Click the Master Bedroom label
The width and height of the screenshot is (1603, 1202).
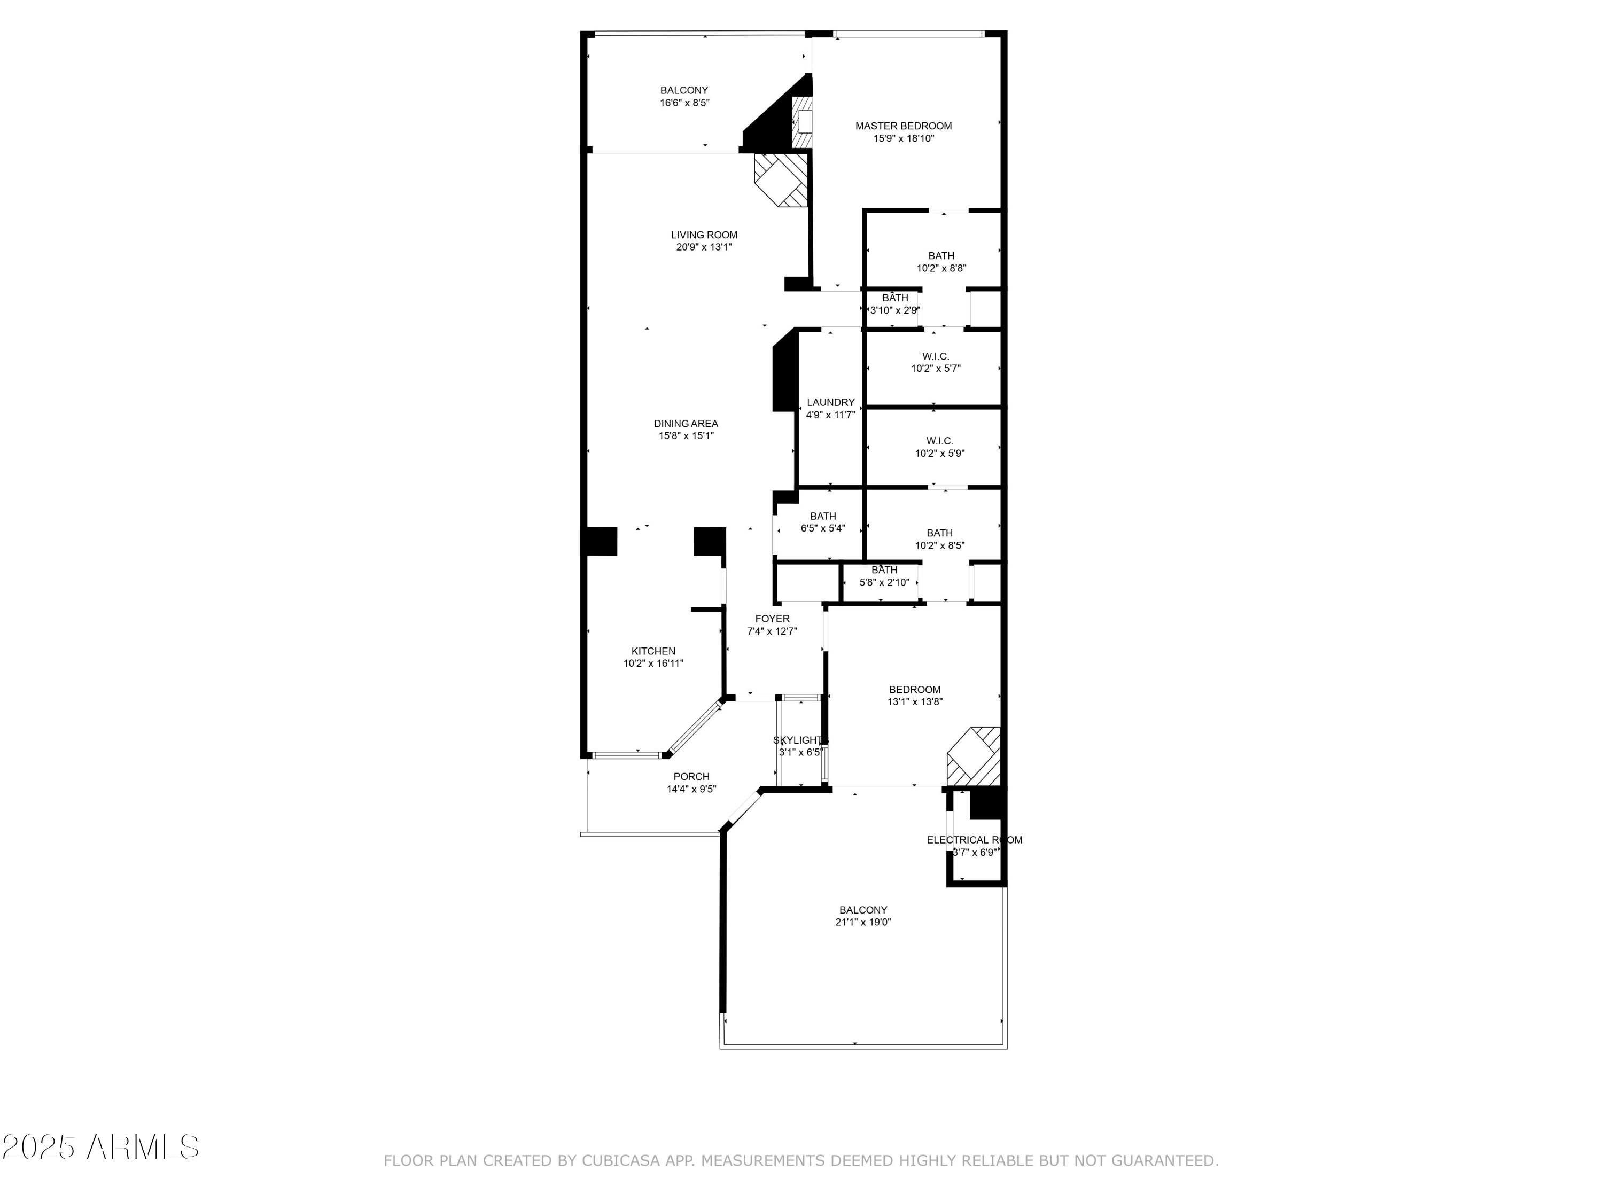pyautogui.click(x=903, y=126)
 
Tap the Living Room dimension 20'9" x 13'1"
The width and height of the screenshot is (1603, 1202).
pyautogui.click(x=704, y=247)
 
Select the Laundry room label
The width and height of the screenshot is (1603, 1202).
pyautogui.click(x=830, y=403)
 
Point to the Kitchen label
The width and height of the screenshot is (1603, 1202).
pyautogui.click(x=653, y=651)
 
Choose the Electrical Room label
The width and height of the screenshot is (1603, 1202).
pyautogui.click(x=974, y=840)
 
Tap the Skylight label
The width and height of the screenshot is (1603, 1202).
pyautogui.click(x=800, y=740)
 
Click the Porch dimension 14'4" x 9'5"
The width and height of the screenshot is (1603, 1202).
pyautogui.click(x=691, y=789)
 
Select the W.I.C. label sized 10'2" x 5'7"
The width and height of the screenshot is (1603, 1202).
pyautogui.click(x=936, y=356)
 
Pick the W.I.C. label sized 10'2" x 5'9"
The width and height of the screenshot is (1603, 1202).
pyautogui.click(x=939, y=441)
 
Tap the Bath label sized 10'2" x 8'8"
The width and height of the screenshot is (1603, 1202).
pyautogui.click(x=940, y=256)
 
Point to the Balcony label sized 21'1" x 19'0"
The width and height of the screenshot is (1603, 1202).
pyautogui.click(x=862, y=910)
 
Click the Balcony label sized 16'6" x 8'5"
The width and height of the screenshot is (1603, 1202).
pyautogui.click(x=683, y=91)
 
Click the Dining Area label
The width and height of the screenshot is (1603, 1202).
pyautogui.click(x=686, y=424)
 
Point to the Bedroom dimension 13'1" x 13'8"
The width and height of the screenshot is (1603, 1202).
pyautogui.click(x=915, y=701)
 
